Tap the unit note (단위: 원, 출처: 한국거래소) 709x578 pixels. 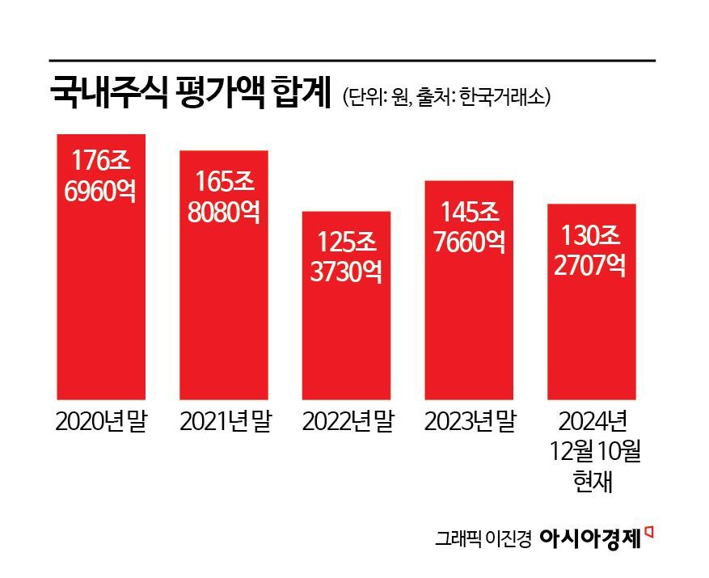tap(446, 97)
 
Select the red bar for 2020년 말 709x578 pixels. tap(100, 307)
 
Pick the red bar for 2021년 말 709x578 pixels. tap(223, 323)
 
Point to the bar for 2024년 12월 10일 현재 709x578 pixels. tap(592, 340)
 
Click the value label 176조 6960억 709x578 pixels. tap(100, 175)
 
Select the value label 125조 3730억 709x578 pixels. tap(346, 255)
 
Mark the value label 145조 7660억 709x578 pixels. tap(469, 226)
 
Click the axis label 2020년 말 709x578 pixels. tap(100, 422)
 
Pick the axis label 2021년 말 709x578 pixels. tap(224, 422)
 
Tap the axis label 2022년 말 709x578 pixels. tap(347, 422)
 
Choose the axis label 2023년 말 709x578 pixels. tap(470, 422)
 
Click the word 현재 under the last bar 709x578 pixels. tap(592, 482)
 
